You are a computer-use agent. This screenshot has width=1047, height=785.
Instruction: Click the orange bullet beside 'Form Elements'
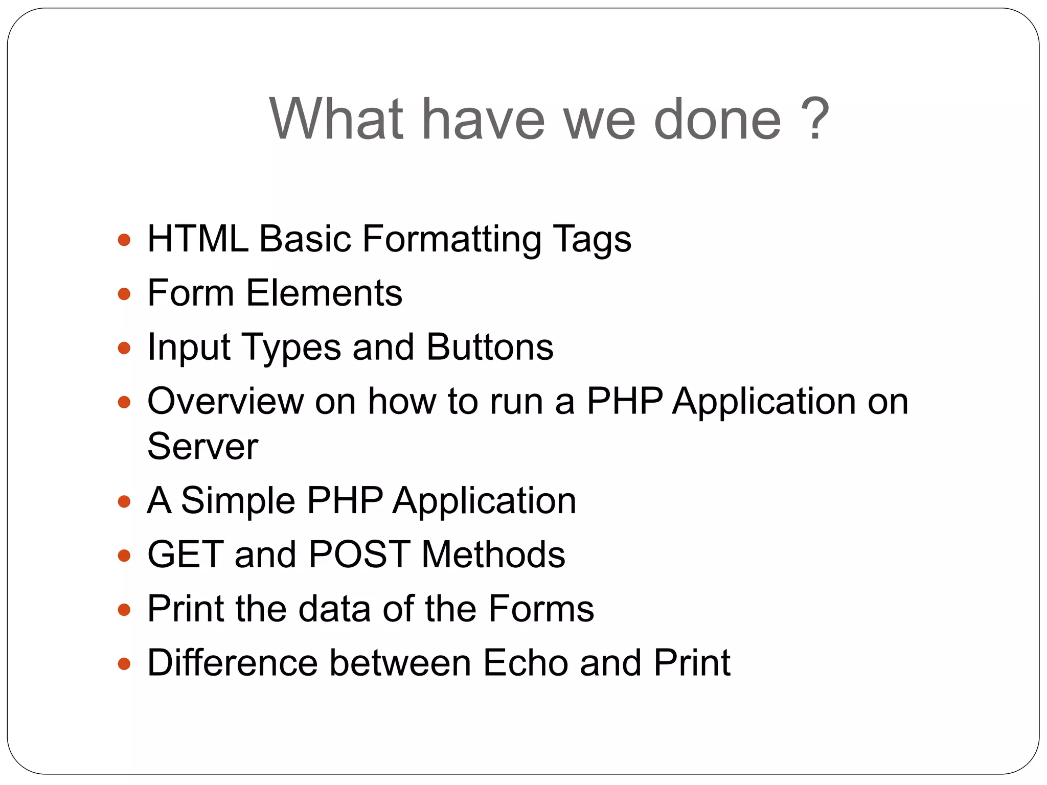(x=124, y=294)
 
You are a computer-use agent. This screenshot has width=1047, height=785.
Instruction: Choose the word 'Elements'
(x=324, y=293)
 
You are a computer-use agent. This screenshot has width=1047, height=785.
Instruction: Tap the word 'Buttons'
(x=490, y=347)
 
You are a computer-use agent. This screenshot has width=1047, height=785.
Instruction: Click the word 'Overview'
(x=225, y=401)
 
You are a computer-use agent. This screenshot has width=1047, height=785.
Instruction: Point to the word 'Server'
(x=202, y=446)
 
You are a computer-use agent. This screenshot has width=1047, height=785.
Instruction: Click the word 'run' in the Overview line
(x=516, y=402)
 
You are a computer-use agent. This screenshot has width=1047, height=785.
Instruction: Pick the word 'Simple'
(x=238, y=500)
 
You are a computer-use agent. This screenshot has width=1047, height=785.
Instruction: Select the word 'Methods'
(x=493, y=555)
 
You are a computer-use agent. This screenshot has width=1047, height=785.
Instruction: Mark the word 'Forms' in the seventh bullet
(x=541, y=609)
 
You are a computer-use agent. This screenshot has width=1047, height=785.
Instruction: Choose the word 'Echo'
(x=526, y=663)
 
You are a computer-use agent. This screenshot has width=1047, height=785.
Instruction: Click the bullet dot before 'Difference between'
(x=124, y=664)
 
